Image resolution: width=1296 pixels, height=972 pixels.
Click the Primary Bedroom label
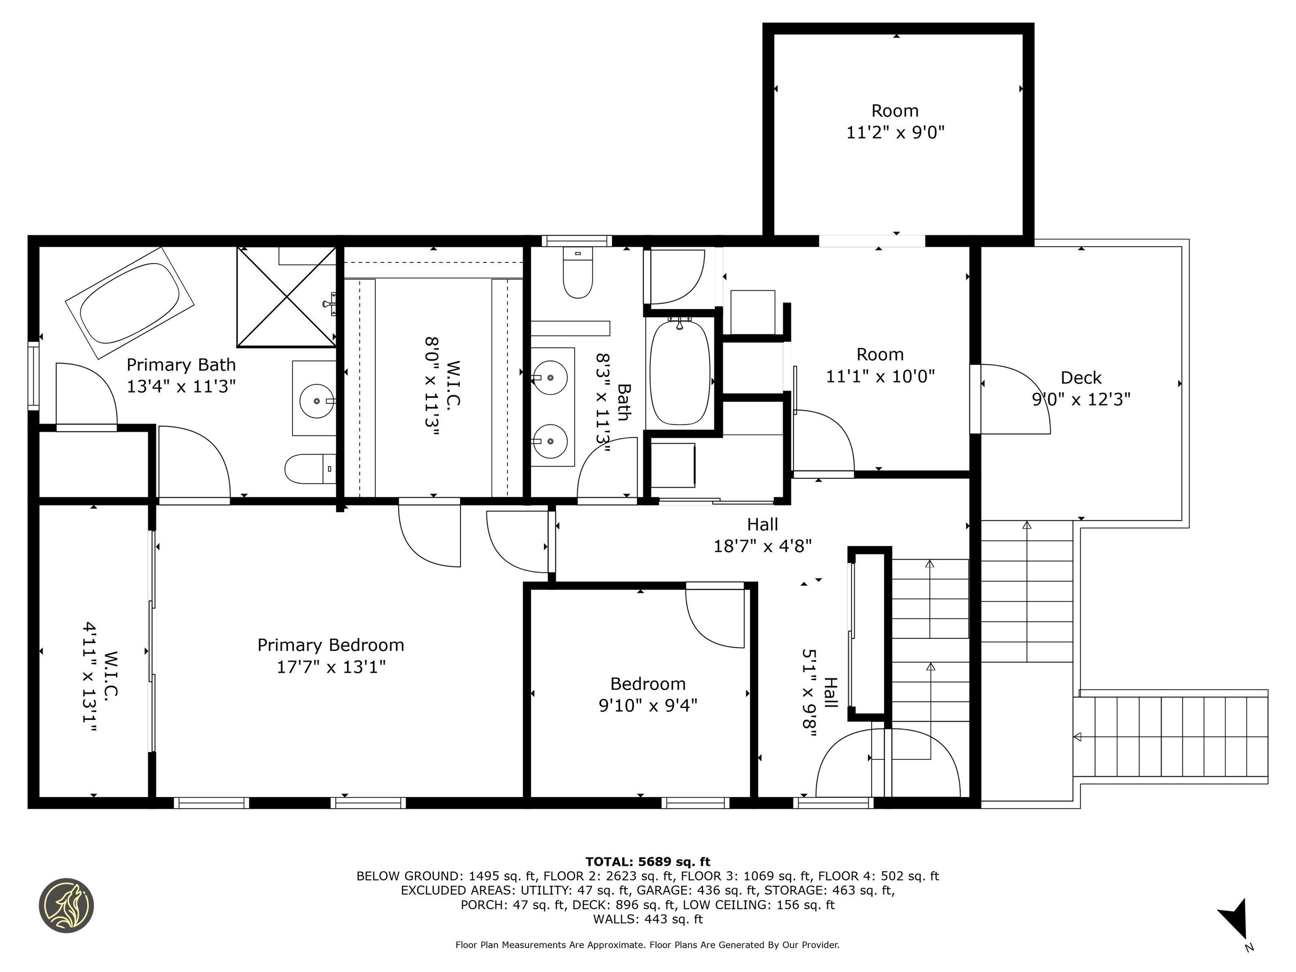(331, 645)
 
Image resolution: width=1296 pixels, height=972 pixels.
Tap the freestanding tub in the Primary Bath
(130, 303)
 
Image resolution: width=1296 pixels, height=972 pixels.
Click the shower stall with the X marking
(286, 297)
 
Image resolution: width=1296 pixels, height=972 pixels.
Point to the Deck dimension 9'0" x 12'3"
(1081, 399)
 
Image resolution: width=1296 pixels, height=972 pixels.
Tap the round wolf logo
(66, 905)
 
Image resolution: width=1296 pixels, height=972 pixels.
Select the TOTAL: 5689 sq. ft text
(648, 862)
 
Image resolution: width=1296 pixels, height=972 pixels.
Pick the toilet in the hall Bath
(578, 273)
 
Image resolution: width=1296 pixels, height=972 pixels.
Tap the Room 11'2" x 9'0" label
(895, 121)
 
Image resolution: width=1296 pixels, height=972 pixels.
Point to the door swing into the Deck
(1015, 399)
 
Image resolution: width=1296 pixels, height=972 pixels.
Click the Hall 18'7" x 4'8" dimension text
(762, 546)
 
